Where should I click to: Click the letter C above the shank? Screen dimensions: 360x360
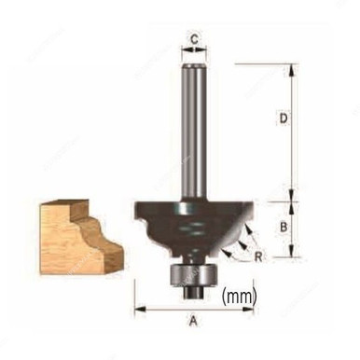(x=193, y=39)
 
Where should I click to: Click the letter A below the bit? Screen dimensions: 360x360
(x=194, y=323)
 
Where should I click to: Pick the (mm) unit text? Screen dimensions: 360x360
(x=240, y=298)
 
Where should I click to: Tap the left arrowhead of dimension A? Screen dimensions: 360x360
(x=138, y=309)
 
